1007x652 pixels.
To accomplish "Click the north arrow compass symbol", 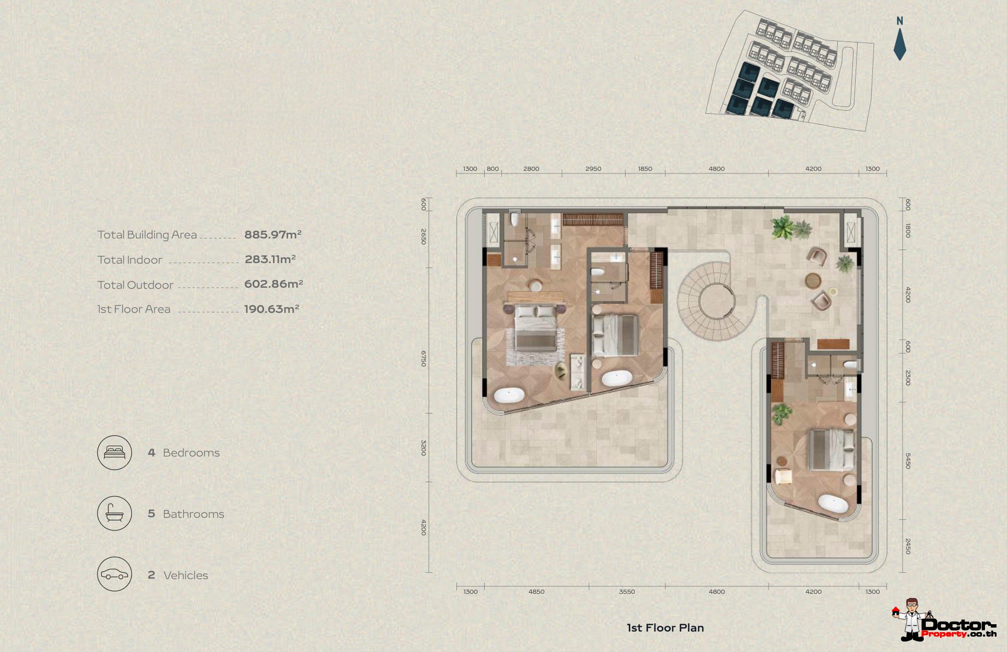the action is pos(900,39).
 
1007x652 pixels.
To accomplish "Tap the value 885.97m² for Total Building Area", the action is pos(273,234).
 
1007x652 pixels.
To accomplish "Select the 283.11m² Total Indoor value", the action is pos(270,259).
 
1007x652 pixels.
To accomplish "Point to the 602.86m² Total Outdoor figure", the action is pos(273,284).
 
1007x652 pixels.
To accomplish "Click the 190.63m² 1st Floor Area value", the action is pos(271,309).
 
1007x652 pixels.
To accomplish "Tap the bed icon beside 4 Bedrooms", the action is pos(114,453).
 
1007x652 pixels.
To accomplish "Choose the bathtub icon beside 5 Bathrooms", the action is pos(114,514).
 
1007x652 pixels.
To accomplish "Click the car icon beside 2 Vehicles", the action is pos(114,574).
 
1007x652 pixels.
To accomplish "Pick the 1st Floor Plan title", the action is pos(665,628).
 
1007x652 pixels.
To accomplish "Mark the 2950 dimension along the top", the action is pos(593,169).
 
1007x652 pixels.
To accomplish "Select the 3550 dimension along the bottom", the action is pos(627,592).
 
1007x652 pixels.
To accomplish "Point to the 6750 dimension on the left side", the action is pos(423,358).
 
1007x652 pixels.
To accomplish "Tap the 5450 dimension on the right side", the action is pos(908,461).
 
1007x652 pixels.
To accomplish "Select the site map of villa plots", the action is pos(790,71).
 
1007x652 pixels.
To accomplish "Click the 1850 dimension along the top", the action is pos(645,169).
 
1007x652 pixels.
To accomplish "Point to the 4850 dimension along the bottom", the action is pos(536,592).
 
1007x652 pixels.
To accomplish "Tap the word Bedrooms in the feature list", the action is pos(191,453).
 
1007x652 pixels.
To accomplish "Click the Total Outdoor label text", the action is pos(135,285).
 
